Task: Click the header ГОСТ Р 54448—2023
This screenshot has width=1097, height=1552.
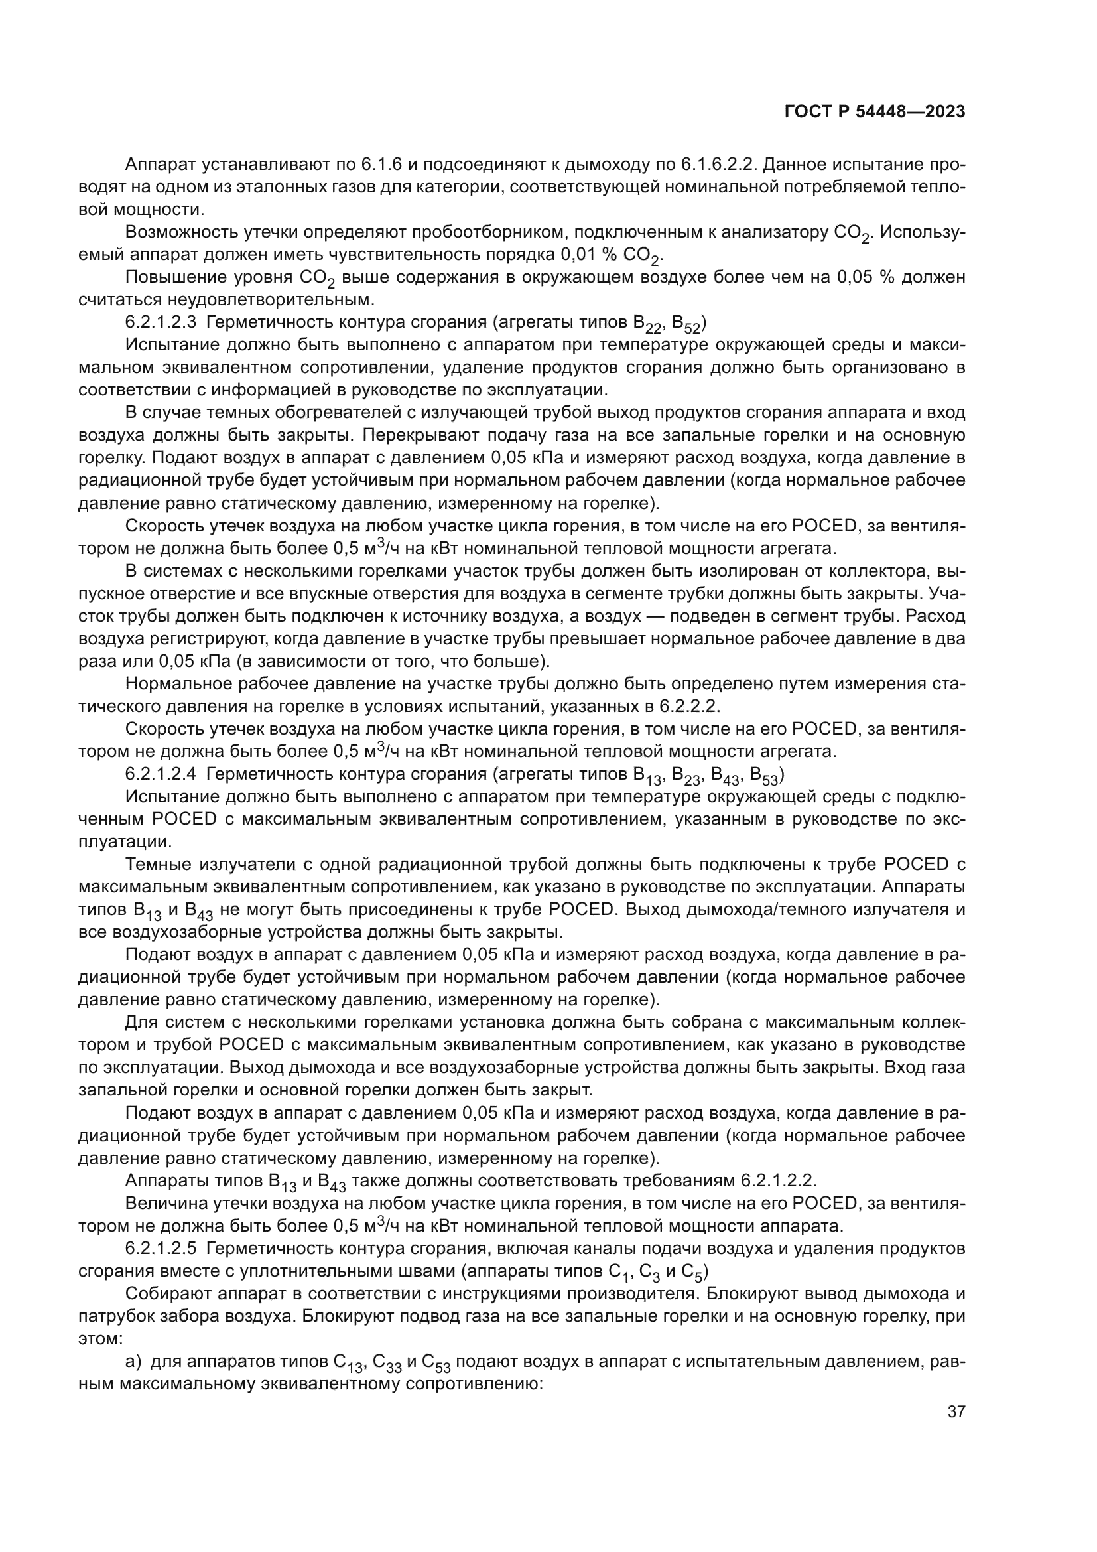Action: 874,112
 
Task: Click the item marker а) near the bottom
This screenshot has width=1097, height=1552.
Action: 133,1360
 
